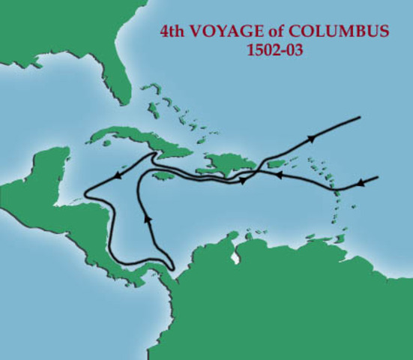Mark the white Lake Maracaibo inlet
(x=237, y=256)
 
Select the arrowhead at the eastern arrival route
(x=361, y=183)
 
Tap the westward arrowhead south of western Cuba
(x=116, y=175)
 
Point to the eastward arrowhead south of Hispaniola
(x=243, y=181)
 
